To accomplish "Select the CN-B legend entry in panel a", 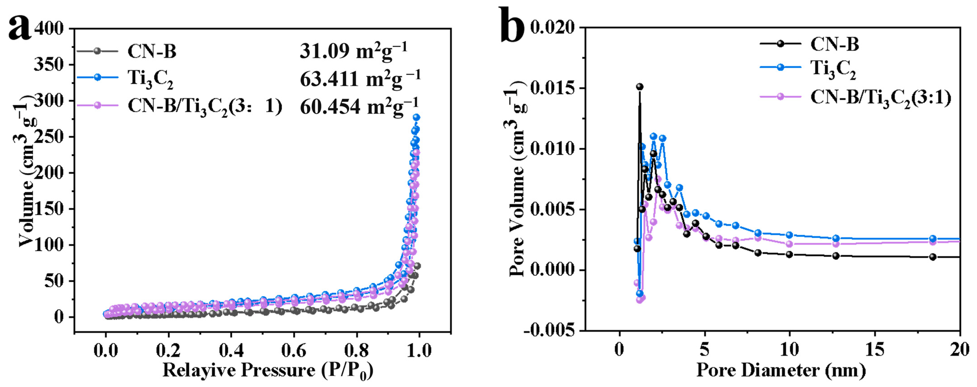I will click(x=152, y=51).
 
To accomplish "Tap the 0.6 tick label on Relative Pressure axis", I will click(x=293, y=351).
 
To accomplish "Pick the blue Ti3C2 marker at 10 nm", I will click(x=789, y=235).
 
